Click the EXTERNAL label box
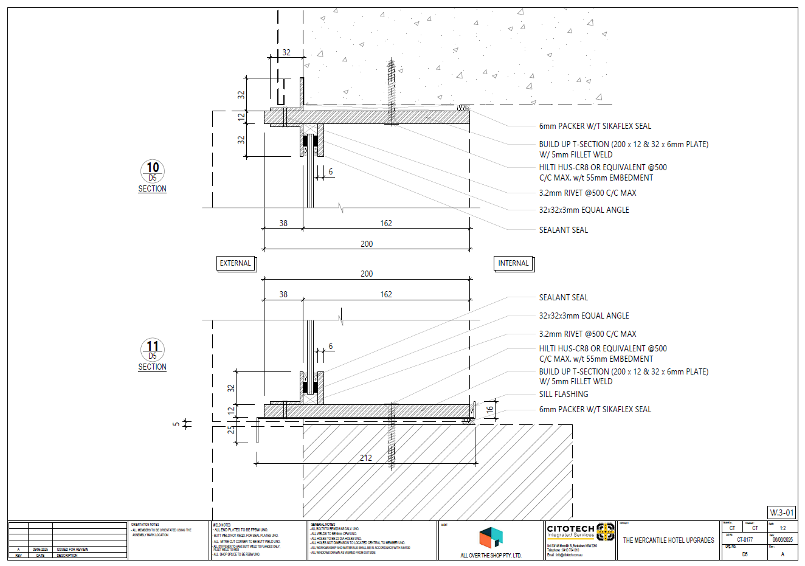pyautogui.click(x=235, y=263)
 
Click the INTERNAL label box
pyautogui.click(x=513, y=263)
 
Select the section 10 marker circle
pyautogui.click(x=153, y=171)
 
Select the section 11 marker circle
pyautogui.click(x=153, y=350)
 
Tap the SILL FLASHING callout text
pyautogui.click(x=564, y=394)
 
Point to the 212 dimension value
pyautogui.click(x=365, y=458)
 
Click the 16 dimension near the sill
pyautogui.click(x=490, y=410)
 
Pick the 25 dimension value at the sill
pyautogui.click(x=231, y=429)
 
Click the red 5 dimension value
pyautogui.click(x=176, y=424)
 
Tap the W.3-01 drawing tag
pyautogui.click(x=781, y=513)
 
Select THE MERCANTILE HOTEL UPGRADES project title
pyautogui.click(x=668, y=540)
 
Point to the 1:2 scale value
pyautogui.click(x=783, y=528)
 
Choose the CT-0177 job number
pyautogui.click(x=745, y=539)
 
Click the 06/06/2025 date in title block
pyautogui.click(x=783, y=539)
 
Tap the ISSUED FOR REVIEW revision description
pyautogui.click(x=72, y=549)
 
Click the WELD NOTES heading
pyautogui.click(x=222, y=525)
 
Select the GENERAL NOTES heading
pyautogui.click(x=323, y=524)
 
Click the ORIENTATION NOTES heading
pyautogui.click(x=145, y=524)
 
